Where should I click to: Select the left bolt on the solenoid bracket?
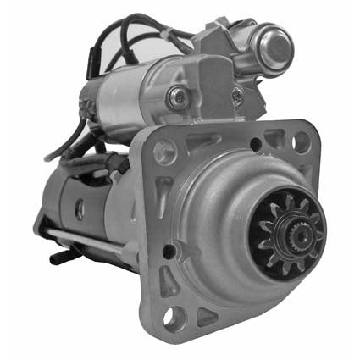pos(177,97)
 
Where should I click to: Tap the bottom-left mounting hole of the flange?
pos(174,318)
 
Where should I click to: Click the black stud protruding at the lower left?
pos(58,255)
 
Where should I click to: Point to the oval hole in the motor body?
pos(80,208)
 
